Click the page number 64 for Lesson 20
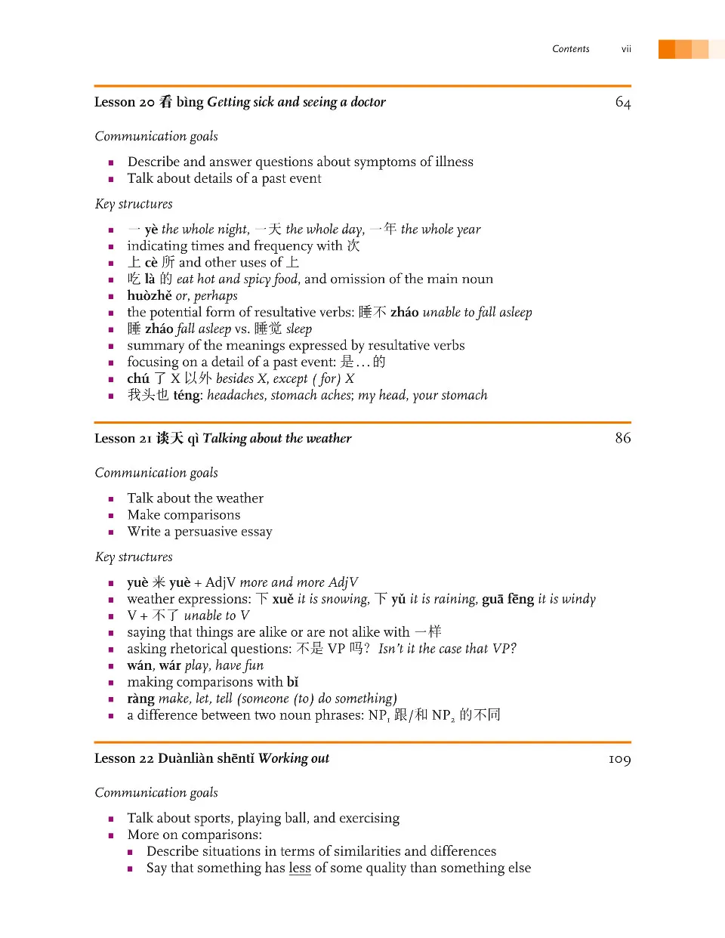coord(622,103)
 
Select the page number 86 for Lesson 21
coord(622,438)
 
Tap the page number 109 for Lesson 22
coord(619,759)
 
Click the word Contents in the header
coord(570,49)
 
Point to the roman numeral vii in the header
coord(626,49)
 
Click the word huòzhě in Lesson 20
coord(150,296)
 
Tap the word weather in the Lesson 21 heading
coord(329,438)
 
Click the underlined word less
coord(300,869)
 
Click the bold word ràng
coord(140,699)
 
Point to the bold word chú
coord(138,379)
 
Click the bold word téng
coord(187,396)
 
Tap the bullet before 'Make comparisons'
coord(111,516)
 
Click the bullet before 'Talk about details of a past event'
coord(111,180)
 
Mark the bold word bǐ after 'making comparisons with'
coord(292,682)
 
